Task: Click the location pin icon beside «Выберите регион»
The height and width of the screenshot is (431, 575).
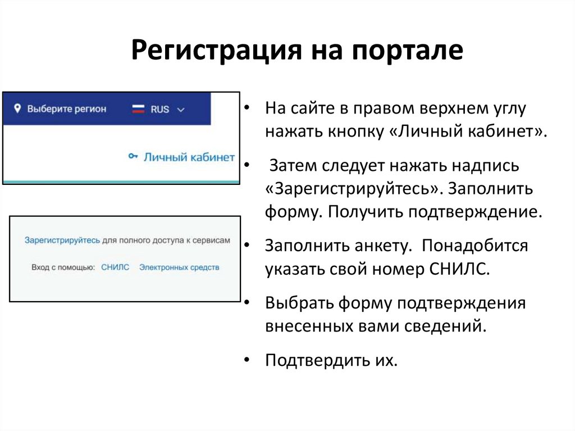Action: (x=17, y=108)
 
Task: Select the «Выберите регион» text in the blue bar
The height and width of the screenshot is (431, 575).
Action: (x=66, y=109)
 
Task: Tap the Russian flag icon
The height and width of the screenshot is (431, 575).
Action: (x=138, y=109)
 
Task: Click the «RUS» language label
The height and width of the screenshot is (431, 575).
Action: (x=159, y=109)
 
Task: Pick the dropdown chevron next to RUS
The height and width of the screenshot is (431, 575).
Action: (x=180, y=110)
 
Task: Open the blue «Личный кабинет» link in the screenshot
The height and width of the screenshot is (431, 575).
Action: (x=189, y=157)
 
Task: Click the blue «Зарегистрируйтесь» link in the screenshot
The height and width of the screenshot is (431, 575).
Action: (x=62, y=241)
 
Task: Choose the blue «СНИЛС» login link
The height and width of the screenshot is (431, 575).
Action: (x=115, y=267)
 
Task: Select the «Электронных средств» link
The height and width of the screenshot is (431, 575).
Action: (x=179, y=267)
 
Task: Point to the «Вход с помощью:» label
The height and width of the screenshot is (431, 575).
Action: (x=63, y=267)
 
